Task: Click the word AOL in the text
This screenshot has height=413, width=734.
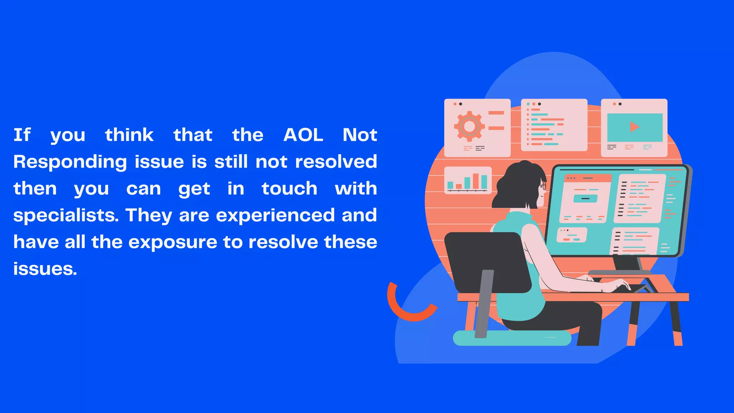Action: [x=303, y=135]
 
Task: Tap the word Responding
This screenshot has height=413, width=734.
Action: [x=70, y=162]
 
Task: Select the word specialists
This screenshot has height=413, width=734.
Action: [x=66, y=216]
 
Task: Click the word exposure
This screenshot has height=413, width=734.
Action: [x=173, y=243]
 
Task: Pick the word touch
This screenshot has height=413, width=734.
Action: [x=289, y=189]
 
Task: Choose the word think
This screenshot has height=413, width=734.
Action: [x=129, y=135]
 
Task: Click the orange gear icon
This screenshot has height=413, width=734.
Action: [x=469, y=126]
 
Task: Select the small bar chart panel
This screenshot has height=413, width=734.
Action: [x=468, y=180]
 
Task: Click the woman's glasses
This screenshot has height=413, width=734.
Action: [x=543, y=186]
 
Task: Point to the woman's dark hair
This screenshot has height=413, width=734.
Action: [x=516, y=183]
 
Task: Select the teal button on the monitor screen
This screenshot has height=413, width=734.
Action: [x=585, y=198]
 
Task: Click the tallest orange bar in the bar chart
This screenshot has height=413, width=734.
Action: [x=476, y=181]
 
